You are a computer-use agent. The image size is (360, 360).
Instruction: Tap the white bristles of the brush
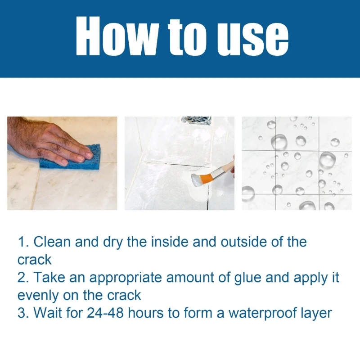196,180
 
